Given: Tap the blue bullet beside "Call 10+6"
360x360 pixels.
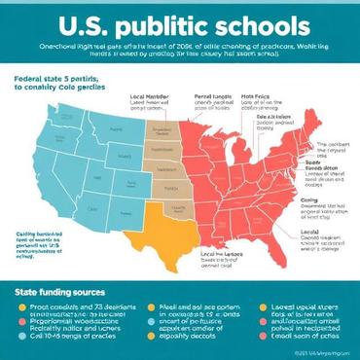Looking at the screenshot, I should (20, 335).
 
